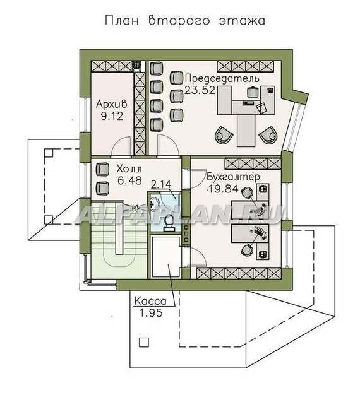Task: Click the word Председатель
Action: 222,79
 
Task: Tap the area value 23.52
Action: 200,90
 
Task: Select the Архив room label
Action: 111,104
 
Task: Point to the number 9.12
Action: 112,116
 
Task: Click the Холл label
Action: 129,168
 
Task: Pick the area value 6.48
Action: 129,180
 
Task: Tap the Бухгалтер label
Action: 234,177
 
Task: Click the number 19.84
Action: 222,189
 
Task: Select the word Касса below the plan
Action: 150,301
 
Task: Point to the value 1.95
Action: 151,313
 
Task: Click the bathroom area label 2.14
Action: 161,184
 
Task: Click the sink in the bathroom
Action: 154,204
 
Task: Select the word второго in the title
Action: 179,21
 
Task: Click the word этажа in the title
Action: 242,21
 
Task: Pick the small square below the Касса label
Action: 144,343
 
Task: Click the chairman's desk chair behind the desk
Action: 253,91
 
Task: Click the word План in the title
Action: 122,21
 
